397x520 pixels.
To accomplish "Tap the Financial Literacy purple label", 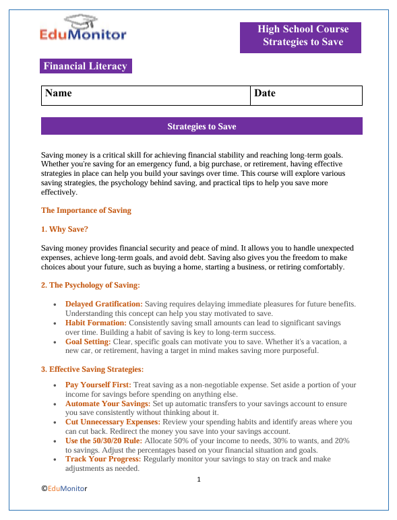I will [x=85, y=66].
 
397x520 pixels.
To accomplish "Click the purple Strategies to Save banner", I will [x=202, y=127].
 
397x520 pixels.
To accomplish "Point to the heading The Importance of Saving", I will [x=86, y=210].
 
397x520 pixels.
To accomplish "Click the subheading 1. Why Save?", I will [x=65, y=229].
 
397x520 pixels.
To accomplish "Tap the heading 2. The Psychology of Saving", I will [x=90, y=285].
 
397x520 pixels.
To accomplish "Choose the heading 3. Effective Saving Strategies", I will [x=92, y=369].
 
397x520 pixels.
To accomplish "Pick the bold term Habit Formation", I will [x=96, y=323].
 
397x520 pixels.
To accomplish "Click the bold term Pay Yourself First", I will [x=98, y=385].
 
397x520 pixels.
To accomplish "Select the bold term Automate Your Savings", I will [x=107, y=403].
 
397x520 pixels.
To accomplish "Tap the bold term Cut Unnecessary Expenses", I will [x=112, y=422].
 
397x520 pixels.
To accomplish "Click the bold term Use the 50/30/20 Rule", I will [x=104, y=440].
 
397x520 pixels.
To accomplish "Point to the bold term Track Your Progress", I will [x=103, y=459].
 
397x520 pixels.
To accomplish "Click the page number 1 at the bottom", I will [x=200, y=480].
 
